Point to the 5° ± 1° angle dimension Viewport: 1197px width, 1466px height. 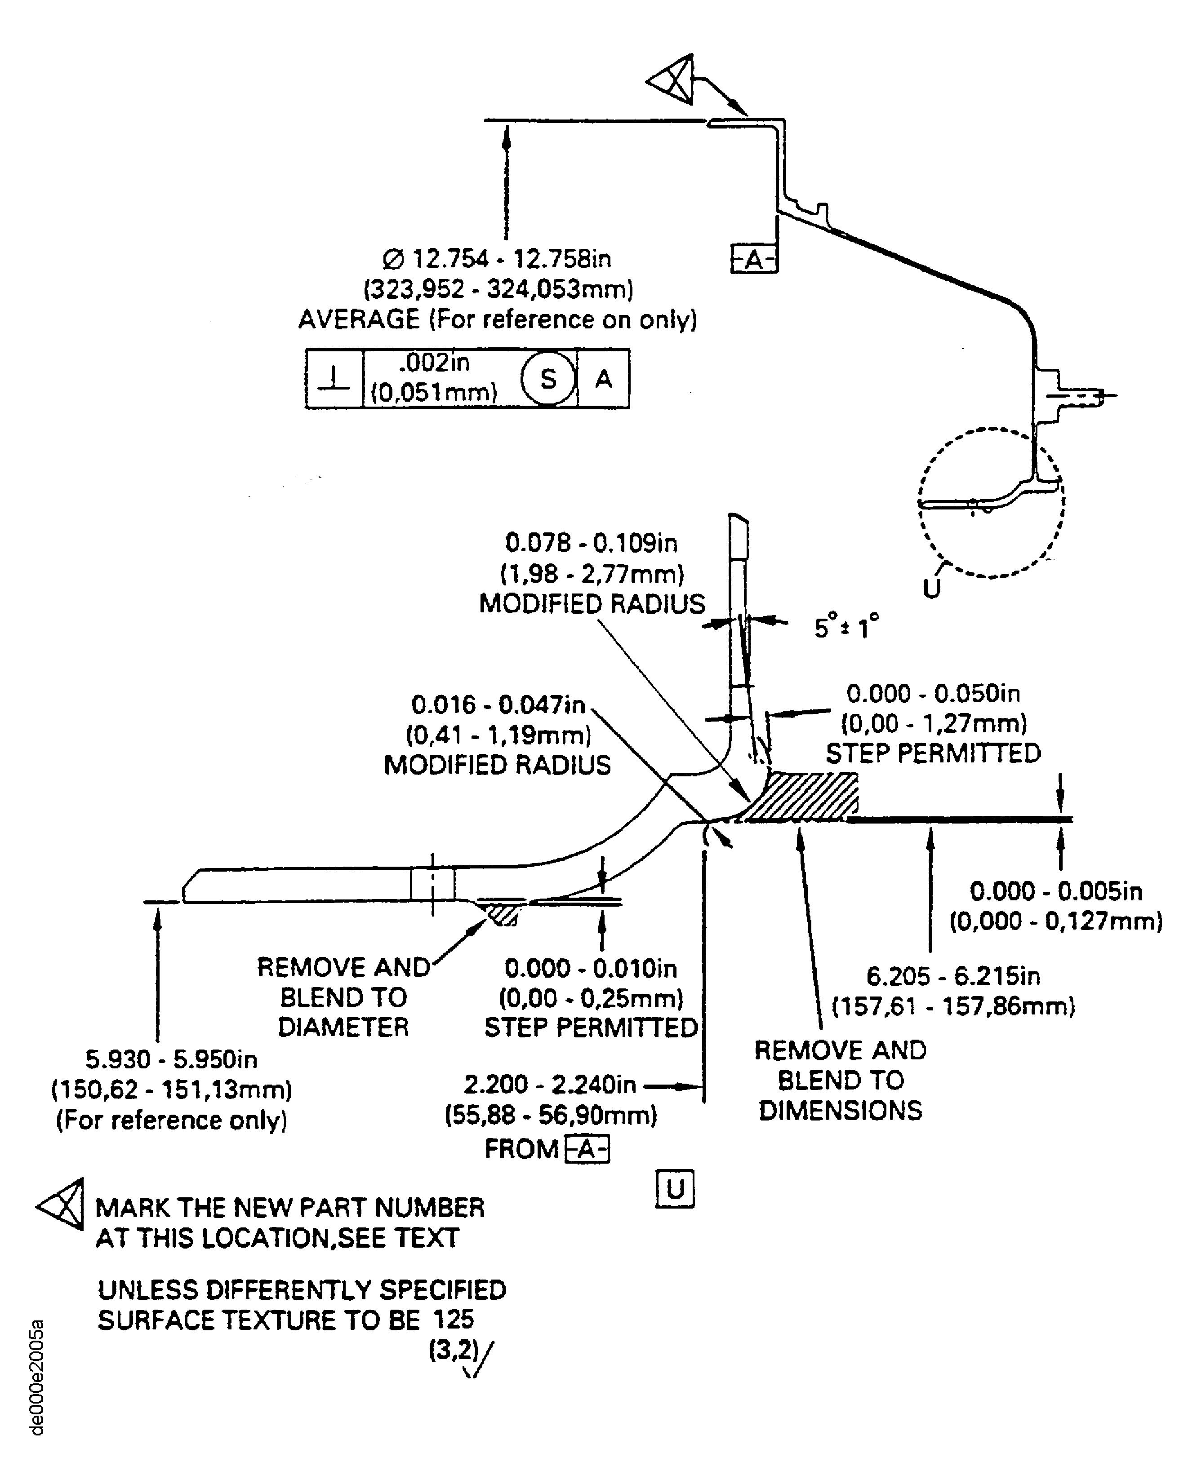846,627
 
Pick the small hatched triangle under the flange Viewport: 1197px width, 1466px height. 501,914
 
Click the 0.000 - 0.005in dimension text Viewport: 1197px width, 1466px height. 1056,891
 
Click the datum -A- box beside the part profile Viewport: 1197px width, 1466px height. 754,260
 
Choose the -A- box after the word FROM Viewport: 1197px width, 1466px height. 587,1149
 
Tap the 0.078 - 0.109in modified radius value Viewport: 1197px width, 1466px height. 591,543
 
